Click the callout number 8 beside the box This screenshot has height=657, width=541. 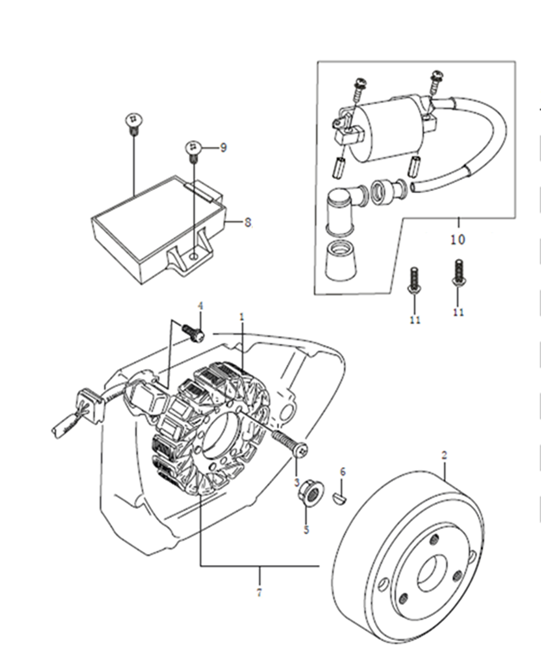coord(247,222)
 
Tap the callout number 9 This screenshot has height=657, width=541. coord(223,147)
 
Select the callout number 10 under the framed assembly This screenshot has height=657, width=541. coord(458,240)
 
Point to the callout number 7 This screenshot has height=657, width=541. coord(259,593)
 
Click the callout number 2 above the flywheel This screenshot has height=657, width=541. coord(444,455)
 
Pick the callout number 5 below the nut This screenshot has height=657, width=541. coord(307,530)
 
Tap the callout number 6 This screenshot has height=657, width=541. coord(343,472)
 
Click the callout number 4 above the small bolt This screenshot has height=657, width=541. coord(201,306)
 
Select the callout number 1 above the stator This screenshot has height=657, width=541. coord(242,317)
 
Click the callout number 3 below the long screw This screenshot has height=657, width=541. coord(297,483)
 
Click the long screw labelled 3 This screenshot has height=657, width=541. coord(290,444)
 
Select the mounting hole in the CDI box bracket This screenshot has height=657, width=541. coord(193,255)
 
